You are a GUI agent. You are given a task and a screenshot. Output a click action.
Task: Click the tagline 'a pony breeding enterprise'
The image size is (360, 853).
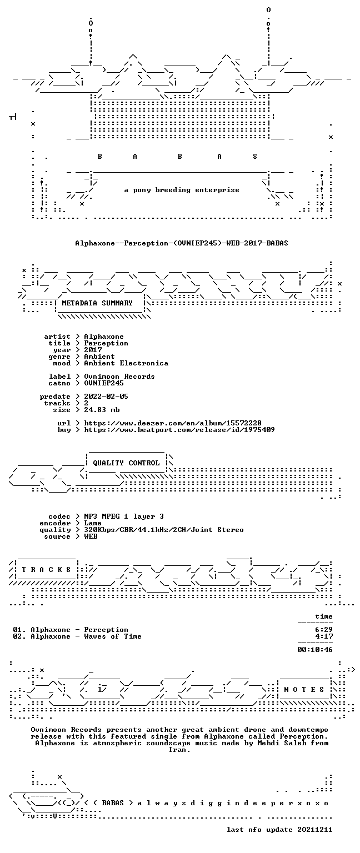pos(182,190)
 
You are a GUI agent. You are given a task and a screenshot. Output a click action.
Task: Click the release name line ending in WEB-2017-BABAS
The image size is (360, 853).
pos(182,243)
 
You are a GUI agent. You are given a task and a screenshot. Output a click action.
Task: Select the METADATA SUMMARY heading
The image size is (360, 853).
pos(97,303)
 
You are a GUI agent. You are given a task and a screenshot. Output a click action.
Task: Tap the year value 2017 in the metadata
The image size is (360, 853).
pos(93,350)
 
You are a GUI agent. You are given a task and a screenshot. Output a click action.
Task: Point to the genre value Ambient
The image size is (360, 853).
pos(99,357)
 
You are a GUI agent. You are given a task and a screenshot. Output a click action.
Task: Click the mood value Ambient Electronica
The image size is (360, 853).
pos(126,363)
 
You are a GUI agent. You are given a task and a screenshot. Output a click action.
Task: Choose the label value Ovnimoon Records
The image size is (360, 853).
pos(119,377)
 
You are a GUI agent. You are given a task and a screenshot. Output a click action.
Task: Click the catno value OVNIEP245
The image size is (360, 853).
pos(104,383)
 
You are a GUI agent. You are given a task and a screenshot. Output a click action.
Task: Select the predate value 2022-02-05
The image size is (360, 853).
pos(106,397)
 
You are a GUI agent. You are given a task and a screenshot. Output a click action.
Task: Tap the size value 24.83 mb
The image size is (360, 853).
pos(102,410)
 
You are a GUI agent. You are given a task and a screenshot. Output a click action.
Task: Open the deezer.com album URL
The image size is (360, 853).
pos(173,423)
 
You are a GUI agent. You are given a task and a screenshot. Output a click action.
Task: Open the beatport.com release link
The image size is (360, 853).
pos(179,430)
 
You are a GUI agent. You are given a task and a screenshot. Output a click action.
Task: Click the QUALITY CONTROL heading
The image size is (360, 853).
pos(126,463)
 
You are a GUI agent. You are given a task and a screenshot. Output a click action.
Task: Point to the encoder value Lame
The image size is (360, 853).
pos(93,523)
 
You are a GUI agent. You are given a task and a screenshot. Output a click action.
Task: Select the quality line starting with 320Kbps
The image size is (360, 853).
pos(164,530)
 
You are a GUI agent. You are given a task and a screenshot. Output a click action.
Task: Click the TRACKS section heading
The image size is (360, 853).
pos(46,570)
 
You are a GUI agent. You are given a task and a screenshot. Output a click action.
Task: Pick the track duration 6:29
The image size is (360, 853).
pos(324,630)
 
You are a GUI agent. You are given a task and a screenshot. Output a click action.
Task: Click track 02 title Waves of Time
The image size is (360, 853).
pos(113,636)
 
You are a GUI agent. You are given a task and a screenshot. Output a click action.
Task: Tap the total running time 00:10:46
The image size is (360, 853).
pos(315,650)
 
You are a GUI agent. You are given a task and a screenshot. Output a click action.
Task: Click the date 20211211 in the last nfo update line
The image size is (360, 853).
pos(315,830)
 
